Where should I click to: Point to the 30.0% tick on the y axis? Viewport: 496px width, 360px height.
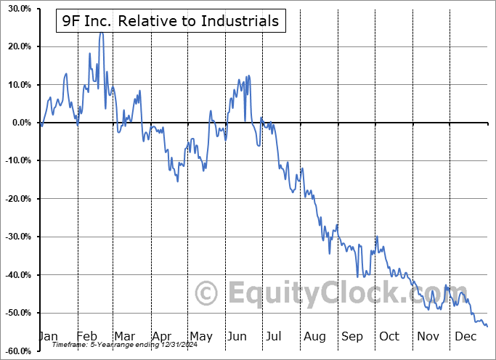tap(16, 9)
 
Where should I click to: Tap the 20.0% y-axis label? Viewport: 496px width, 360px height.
tap(16, 46)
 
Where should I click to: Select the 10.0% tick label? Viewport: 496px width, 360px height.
tap(16, 85)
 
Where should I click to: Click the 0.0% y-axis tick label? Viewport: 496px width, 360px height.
tap(18, 123)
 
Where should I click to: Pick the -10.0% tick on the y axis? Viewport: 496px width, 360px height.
tap(15, 160)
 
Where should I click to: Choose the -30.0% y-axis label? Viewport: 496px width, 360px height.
tap(15, 237)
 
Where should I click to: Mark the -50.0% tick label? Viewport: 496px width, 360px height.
tap(15, 313)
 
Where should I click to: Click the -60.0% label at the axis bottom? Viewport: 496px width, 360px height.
tap(15, 351)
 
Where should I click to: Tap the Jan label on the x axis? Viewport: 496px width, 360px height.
tap(47, 336)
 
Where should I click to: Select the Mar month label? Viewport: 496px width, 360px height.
tap(123, 336)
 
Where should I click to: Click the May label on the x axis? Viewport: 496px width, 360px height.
tap(200, 336)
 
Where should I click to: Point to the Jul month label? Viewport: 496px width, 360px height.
tap(273, 336)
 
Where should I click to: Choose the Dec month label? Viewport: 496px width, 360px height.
tap(465, 336)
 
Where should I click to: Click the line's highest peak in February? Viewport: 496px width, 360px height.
tap(101, 33)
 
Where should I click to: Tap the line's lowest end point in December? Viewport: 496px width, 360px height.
tap(487, 326)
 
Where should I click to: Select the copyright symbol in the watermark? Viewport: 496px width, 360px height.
tap(207, 294)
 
